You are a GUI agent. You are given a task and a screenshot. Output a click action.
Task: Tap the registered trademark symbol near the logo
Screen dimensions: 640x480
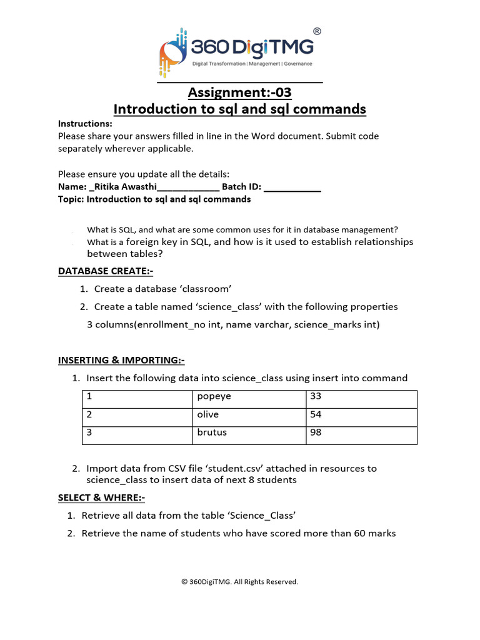coord(317,31)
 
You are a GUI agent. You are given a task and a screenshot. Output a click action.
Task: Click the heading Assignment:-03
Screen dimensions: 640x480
coord(239,92)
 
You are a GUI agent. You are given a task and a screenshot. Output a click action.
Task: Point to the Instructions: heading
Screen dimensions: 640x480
coord(85,123)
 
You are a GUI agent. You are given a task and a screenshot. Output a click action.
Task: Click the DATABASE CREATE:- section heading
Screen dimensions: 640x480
coord(106,271)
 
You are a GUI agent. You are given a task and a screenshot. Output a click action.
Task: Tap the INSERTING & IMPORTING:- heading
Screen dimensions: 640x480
coord(121,360)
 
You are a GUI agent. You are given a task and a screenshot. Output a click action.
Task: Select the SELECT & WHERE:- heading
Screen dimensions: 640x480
coord(102,497)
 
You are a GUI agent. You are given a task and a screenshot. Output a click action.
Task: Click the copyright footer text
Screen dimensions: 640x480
coord(239,581)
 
